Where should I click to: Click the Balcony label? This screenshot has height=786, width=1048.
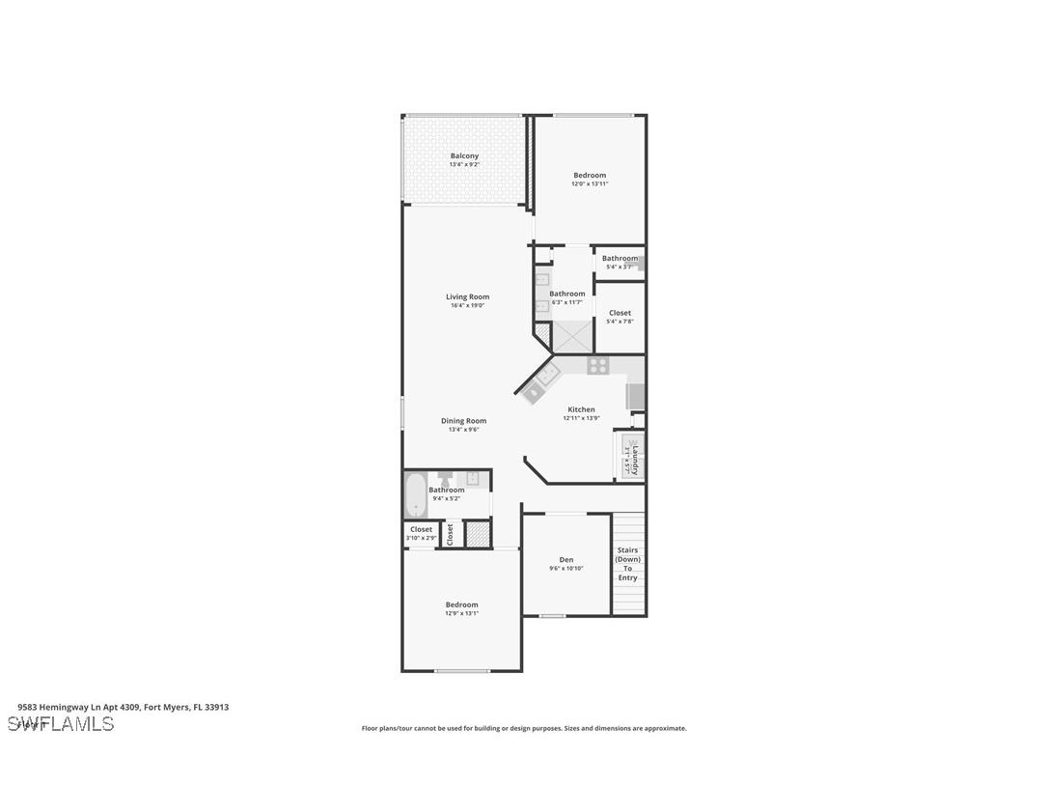[x=464, y=155]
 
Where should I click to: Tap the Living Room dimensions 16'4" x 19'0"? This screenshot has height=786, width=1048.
[x=467, y=306]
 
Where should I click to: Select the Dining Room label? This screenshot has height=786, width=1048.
[x=463, y=421]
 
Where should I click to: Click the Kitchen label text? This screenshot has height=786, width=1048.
[x=581, y=409]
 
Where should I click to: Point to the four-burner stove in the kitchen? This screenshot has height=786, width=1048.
[x=598, y=366]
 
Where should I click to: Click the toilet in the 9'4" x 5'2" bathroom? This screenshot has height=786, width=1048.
[x=445, y=479]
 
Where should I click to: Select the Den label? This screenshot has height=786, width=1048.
[x=566, y=560]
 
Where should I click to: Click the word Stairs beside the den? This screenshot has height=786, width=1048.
[x=627, y=550]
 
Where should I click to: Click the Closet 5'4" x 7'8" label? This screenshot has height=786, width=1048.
[x=620, y=313]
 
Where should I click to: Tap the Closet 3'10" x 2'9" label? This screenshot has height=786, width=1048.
[x=421, y=529]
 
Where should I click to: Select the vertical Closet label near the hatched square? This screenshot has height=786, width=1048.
[x=450, y=535]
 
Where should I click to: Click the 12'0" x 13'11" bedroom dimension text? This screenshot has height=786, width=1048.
[x=590, y=184]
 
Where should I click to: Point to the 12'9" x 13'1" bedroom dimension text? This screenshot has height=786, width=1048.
[x=461, y=614]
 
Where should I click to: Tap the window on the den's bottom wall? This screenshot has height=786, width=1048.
[x=552, y=615]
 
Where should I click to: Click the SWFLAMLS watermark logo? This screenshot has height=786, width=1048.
[x=61, y=723]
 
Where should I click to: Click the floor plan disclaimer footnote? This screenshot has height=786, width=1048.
[x=524, y=729]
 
